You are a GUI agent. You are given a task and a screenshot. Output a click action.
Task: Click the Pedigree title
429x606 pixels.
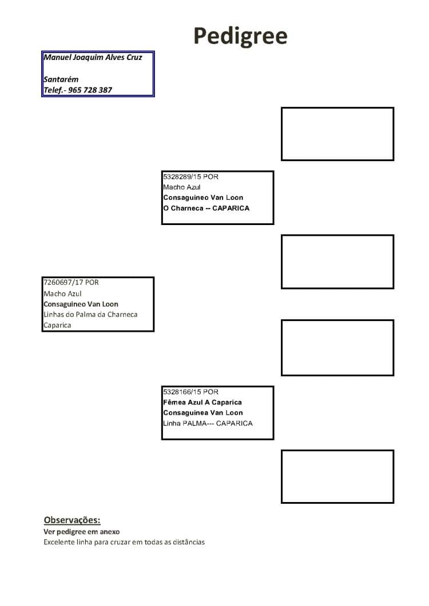(240, 37)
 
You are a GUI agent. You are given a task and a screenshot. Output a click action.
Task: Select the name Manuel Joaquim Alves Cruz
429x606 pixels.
(93, 57)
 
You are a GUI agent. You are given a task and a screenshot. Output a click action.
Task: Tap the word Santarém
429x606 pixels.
(61, 79)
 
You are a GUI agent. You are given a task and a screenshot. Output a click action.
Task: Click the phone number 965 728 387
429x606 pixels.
(90, 90)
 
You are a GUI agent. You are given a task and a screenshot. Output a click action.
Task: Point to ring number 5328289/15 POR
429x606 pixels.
(190, 176)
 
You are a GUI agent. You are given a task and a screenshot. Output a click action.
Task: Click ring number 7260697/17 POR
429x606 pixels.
(71, 282)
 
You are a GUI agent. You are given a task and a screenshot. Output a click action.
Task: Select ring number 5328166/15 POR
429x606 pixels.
(190, 391)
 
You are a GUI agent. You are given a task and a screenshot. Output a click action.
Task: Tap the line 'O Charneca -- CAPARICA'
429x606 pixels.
(206, 208)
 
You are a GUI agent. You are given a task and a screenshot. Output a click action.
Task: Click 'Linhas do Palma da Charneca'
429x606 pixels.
(90, 314)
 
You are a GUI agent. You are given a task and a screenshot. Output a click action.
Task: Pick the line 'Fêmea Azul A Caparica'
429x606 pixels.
(202, 402)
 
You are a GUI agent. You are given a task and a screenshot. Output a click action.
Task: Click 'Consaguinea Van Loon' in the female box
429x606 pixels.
(203, 412)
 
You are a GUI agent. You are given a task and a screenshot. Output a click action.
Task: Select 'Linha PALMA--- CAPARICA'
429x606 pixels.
(208, 423)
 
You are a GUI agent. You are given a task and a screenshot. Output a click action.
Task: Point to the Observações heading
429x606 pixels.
(72, 520)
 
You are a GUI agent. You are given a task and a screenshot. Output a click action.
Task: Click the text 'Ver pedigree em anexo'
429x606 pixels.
(82, 531)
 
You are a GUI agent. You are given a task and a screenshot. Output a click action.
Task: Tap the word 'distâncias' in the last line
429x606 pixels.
(189, 542)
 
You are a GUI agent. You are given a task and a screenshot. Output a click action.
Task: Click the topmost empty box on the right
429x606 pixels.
(337, 108)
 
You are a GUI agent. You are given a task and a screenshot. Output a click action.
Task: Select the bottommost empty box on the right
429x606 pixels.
(337, 451)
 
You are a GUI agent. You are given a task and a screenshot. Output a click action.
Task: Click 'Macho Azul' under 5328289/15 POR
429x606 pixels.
(181, 187)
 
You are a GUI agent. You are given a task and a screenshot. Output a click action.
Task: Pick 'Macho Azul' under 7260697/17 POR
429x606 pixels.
(62, 294)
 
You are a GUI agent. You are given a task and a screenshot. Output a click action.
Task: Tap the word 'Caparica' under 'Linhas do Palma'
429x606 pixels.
(57, 325)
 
